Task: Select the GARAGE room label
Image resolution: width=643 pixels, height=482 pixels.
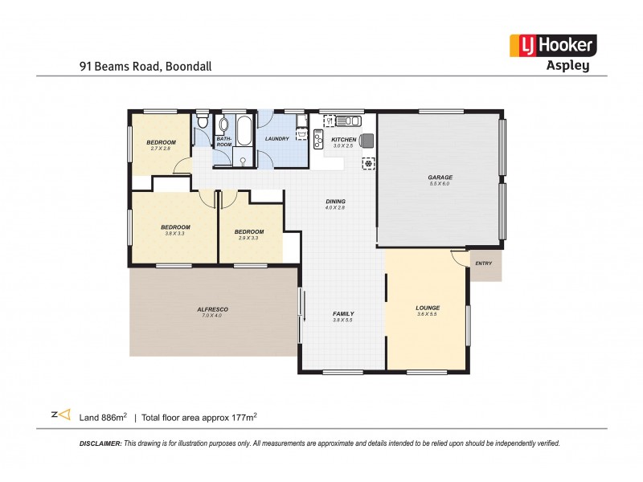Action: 440,178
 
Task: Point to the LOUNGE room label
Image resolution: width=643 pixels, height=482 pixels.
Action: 427,308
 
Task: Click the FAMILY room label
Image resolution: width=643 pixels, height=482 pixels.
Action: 343,314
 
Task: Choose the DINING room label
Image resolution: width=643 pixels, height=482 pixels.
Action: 335,202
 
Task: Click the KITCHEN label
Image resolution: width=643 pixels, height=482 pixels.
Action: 343,140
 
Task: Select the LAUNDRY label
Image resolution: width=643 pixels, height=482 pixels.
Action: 277,139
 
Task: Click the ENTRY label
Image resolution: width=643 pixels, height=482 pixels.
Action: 483,263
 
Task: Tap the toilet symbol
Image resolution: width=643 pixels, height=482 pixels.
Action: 203,124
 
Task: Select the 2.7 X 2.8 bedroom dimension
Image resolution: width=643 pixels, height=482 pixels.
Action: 161,149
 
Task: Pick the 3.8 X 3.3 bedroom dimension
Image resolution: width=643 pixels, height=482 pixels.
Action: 174,233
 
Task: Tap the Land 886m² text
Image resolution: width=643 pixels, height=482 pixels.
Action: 104,417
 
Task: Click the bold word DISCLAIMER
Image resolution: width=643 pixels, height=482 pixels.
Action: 100,443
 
